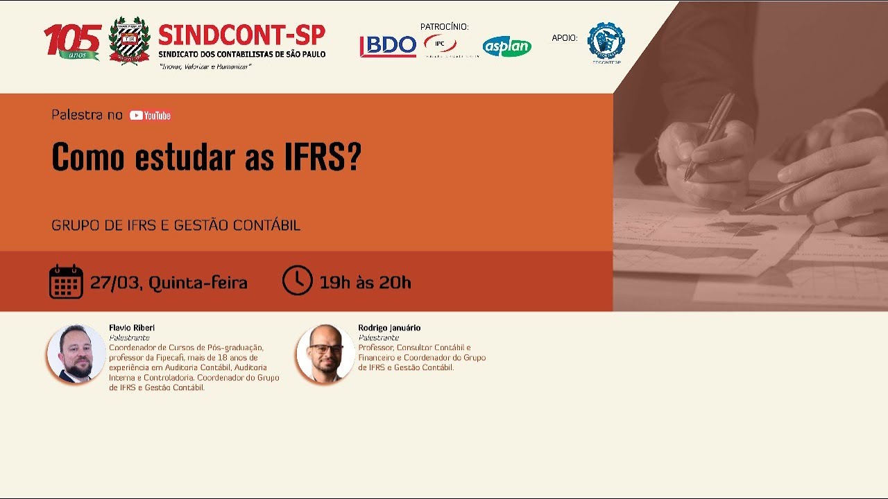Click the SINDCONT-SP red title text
[x=241, y=35]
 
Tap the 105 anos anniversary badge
[x=73, y=42]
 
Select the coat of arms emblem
[x=129, y=41]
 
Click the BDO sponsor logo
[x=388, y=46]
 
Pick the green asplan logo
[x=507, y=46]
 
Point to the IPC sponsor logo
[x=441, y=44]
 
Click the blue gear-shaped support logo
[x=606, y=41]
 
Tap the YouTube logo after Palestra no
[x=150, y=116]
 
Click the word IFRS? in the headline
[x=323, y=157]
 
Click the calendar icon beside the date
[x=66, y=281]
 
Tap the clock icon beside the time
[x=298, y=281]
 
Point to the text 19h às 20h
[x=365, y=283]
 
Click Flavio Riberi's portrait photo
[x=76, y=353]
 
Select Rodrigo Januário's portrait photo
[x=325, y=353]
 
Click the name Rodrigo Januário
[x=389, y=328]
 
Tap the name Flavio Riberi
[x=132, y=328]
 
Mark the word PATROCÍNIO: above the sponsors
[x=445, y=27]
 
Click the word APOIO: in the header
[x=565, y=38]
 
